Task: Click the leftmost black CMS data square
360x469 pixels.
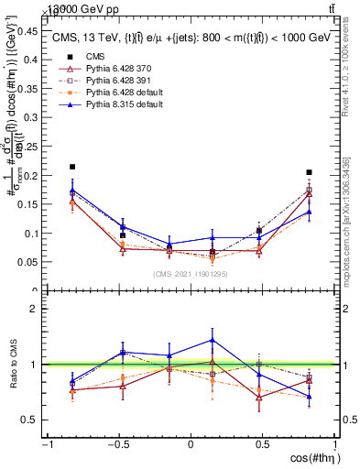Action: (x=72, y=167)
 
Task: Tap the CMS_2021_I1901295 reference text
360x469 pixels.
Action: (x=190, y=274)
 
